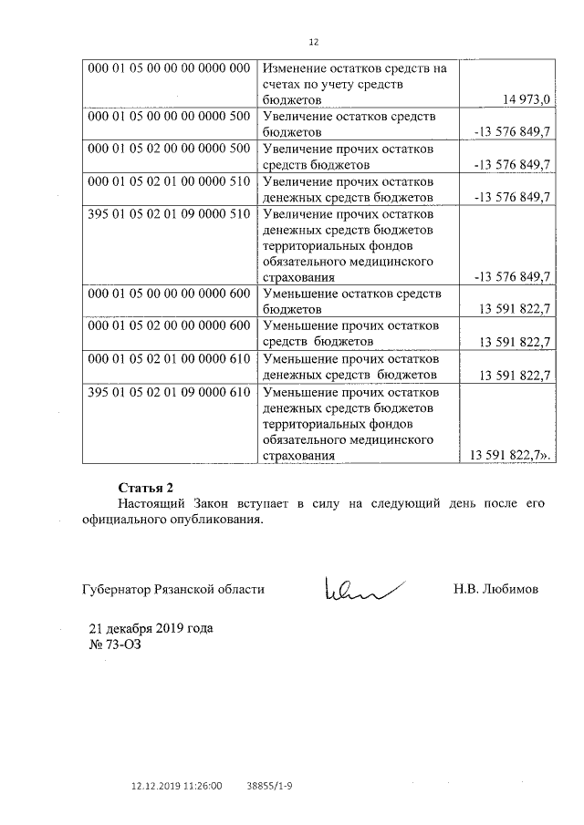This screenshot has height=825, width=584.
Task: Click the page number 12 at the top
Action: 314,42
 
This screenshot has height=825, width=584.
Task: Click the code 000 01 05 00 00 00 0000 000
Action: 169,68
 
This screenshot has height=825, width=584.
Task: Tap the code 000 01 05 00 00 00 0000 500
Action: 169,118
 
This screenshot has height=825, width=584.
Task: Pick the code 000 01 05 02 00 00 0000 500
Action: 169,150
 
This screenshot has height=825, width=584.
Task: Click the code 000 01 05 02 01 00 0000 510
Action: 169,181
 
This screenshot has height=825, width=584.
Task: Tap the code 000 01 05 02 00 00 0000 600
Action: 169,326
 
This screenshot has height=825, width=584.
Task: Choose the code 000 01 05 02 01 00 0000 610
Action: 169,358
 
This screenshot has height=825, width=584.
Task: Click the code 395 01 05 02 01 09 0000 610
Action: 169,392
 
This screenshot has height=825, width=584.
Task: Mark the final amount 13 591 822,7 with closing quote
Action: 511,454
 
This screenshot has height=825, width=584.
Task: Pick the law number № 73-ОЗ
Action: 113,645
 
